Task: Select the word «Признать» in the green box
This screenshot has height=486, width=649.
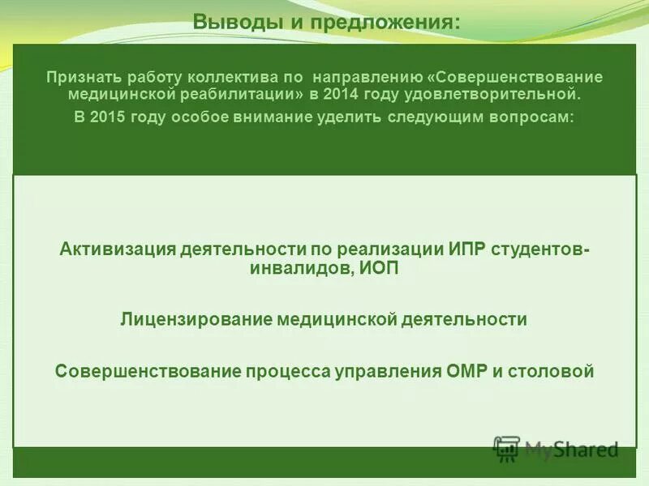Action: coord(78,77)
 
